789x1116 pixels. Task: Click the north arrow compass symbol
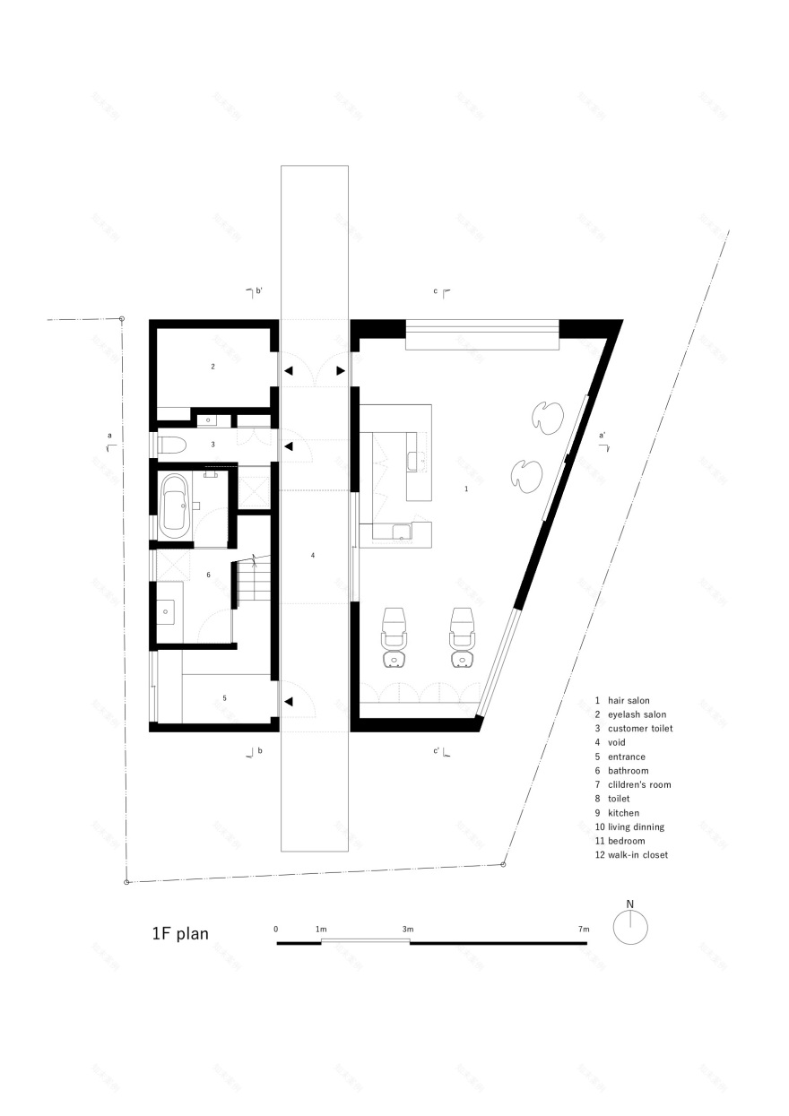pyautogui.click(x=630, y=926)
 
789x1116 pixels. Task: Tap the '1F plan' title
pyautogui.click(x=180, y=934)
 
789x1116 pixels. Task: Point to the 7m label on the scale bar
pyautogui.click(x=585, y=929)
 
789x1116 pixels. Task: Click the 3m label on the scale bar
pyautogui.click(x=408, y=929)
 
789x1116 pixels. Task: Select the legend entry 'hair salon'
pyautogui.click(x=629, y=700)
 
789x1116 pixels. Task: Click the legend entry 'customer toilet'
pyautogui.click(x=640, y=728)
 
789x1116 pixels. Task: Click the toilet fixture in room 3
pyautogui.click(x=172, y=444)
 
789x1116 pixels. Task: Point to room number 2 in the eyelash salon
pyautogui.click(x=212, y=367)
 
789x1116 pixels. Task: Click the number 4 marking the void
pyautogui.click(x=313, y=556)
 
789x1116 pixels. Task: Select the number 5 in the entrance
pyautogui.click(x=225, y=696)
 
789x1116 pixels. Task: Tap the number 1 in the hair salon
pyautogui.click(x=466, y=489)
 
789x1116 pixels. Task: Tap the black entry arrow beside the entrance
pyautogui.click(x=289, y=702)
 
